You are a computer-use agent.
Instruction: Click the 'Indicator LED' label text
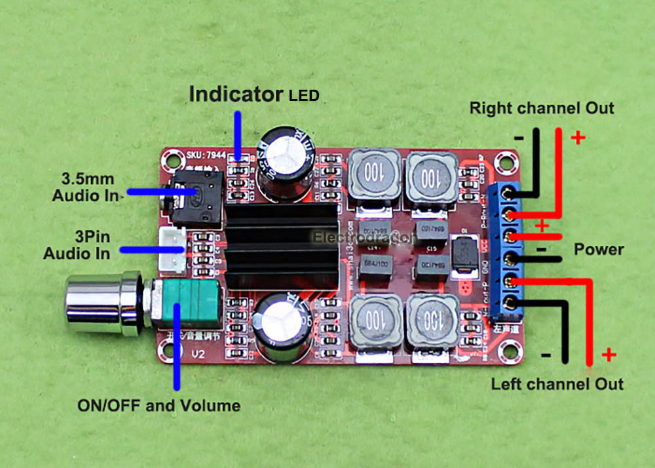253,94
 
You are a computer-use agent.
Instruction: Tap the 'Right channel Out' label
542,108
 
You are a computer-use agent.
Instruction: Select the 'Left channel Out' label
557,383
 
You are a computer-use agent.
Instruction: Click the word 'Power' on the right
599,250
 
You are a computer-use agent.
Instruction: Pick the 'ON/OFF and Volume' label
159,405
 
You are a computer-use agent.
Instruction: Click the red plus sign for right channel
578,138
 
